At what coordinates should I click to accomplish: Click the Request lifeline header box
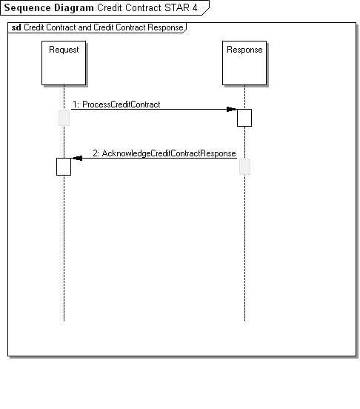pos(64,63)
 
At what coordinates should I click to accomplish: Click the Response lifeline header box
pos(244,63)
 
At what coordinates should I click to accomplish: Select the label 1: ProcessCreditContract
pos(116,104)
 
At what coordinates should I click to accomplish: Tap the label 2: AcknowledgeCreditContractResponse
pos(164,153)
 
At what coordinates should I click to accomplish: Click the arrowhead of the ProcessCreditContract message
pos(232,110)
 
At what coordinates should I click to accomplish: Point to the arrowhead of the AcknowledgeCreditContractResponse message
pos(78,158)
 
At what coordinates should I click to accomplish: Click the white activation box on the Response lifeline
pos(244,118)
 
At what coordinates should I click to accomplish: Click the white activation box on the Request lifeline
pos(64,167)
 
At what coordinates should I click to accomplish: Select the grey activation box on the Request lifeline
pos(64,118)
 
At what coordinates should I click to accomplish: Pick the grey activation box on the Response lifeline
pos(244,167)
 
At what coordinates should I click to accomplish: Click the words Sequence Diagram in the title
pos(49,8)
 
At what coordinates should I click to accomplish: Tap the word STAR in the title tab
pos(177,8)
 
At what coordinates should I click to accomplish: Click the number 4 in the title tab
pos(195,8)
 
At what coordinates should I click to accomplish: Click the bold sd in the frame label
pos(16,27)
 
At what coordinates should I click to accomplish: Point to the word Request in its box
pos(64,50)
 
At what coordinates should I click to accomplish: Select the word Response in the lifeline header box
pos(244,50)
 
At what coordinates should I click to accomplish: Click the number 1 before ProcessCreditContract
pos(75,104)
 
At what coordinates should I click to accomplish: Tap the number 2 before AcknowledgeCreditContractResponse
pos(96,153)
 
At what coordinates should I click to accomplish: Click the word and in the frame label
pos(84,27)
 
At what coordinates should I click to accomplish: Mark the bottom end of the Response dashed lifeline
pos(244,320)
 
